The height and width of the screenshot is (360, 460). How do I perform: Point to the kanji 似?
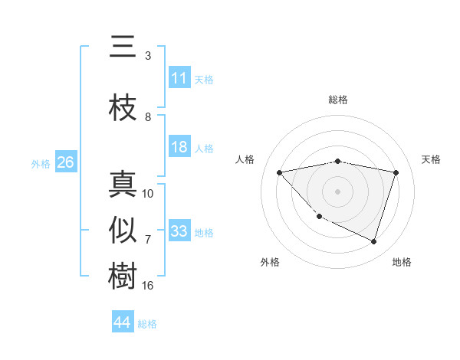pos(123,231)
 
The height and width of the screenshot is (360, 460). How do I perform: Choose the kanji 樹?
pos(123,276)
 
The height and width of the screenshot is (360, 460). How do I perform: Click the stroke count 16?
pos(148,285)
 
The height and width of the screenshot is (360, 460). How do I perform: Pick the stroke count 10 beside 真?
pos(148,193)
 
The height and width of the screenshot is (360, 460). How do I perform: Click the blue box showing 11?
pos(179,78)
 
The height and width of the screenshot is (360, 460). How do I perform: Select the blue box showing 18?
pos(179,147)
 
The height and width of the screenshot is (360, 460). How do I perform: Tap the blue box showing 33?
pos(179,231)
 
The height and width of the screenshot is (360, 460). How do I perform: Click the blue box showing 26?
pos(65,162)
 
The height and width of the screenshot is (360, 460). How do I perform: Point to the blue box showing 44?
pos(122,322)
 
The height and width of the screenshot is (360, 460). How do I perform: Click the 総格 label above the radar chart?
pos(338,100)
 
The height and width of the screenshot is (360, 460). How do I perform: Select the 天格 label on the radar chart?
pos(432,159)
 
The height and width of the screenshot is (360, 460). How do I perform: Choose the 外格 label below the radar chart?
pos(270,262)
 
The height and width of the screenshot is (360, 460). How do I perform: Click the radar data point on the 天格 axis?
pos(396,172)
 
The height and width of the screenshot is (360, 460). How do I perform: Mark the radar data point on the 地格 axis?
pos(373,242)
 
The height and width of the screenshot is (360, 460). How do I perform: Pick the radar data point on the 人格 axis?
pos(280,172)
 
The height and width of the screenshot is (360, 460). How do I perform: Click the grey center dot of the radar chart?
pos(337,191)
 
